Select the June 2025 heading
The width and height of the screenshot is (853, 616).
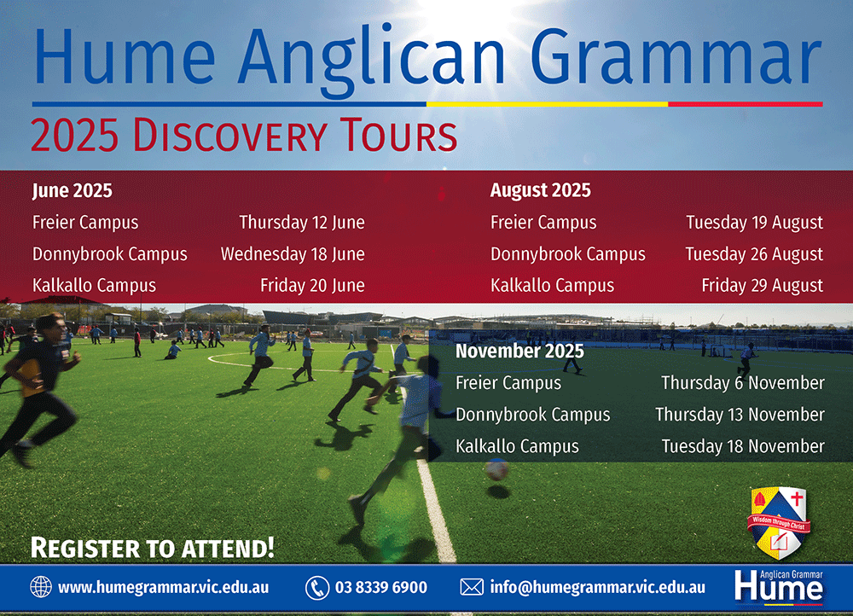tap(73, 190)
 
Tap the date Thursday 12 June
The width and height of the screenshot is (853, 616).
tap(301, 223)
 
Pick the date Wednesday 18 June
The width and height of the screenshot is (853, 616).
tap(293, 254)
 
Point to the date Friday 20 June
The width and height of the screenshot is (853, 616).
tap(312, 286)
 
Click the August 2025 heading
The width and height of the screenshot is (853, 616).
tap(540, 190)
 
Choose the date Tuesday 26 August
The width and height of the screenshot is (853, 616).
tap(754, 254)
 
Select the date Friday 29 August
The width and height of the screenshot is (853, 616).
tap(762, 286)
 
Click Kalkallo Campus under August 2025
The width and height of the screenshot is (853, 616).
tap(552, 286)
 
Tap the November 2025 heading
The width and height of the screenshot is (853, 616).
tap(519, 352)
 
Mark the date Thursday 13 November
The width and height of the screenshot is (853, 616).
tap(740, 415)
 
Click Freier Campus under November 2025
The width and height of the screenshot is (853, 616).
tap(508, 383)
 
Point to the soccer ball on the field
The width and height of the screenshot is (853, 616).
tap(496, 469)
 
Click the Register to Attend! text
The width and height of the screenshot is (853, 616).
tap(152, 547)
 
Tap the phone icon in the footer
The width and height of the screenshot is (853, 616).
tap(316, 587)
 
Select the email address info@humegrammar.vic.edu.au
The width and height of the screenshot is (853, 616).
tap(597, 587)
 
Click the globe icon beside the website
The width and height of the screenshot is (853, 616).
tap(41, 587)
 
